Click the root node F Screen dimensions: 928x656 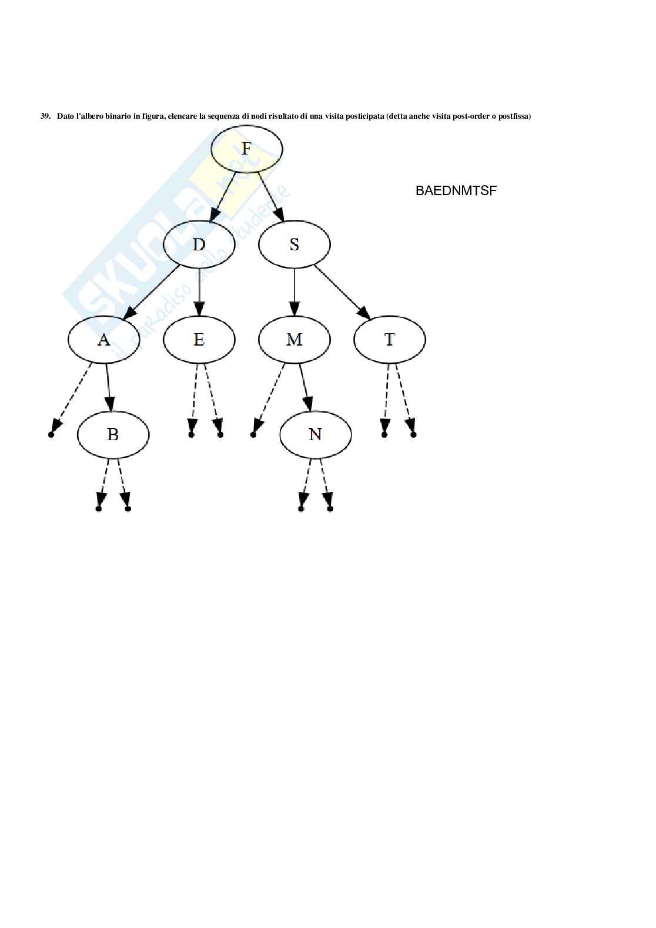[x=246, y=148]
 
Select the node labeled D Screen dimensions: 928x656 [x=199, y=244]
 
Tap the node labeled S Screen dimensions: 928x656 [x=294, y=244]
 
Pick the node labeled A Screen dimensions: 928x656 [x=103, y=339]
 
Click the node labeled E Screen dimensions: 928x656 [x=199, y=339]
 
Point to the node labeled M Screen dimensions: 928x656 [x=294, y=339]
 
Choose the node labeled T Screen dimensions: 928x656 [x=389, y=339]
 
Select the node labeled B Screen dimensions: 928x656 [x=113, y=434]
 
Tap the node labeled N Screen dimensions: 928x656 [x=315, y=434]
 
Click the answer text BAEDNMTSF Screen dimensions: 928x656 [x=456, y=190]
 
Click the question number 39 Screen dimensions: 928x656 [x=45, y=116]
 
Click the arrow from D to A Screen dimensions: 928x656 [x=153, y=292]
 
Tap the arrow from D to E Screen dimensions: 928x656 [x=199, y=291]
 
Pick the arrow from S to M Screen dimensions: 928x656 [x=294, y=291]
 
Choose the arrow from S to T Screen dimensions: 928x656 [x=341, y=292]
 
